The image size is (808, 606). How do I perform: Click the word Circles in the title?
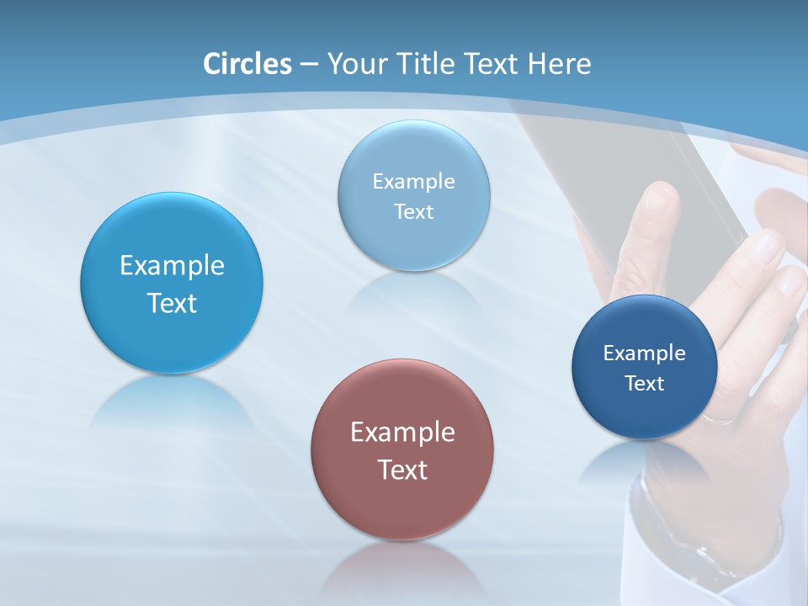(247, 64)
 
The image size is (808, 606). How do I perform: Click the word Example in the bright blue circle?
(172, 266)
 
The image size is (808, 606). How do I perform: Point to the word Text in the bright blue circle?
(172, 303)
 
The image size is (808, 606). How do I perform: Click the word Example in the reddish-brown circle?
(402, 433)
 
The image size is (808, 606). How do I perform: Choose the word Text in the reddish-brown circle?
(402, 470)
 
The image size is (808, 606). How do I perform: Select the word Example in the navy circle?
(645, 353)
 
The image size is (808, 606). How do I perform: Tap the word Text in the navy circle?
(645, 384)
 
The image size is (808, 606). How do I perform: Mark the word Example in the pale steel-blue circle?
(414, 182)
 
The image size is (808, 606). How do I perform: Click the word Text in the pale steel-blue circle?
(414, 212)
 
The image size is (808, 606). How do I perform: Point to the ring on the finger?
(720, 417)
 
